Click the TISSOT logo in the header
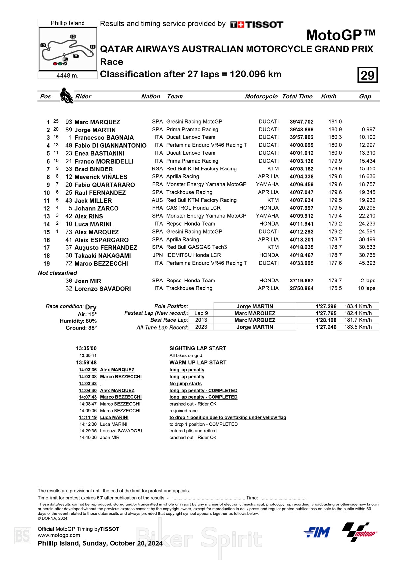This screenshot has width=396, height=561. (257, 25)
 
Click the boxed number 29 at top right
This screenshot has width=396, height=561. (367, 75)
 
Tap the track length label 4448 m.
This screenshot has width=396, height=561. (67, 75)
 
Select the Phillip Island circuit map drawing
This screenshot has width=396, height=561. (68, 49)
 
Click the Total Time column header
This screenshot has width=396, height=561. (297, 96)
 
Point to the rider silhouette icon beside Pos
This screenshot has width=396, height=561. (66, 95)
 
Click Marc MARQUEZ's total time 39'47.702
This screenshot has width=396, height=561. (302, 122)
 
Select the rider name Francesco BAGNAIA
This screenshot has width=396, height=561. (104, 138)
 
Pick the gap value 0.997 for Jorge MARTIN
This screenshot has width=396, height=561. (368, 130)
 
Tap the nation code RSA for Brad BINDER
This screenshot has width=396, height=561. (157, 169)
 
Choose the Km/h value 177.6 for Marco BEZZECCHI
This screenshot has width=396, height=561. (335, 263)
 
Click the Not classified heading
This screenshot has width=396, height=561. (57, 273)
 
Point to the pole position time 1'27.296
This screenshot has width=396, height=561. (326, 306)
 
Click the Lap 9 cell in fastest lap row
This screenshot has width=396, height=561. (201, 313)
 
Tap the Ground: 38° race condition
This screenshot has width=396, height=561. (81, 328)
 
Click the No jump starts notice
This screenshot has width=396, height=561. (185, 384)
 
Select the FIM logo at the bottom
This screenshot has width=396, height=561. (317, 532)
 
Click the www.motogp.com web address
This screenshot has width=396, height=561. (59, 535)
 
